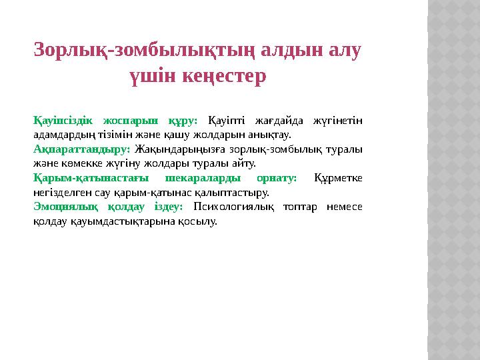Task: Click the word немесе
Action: (x=345, y=207)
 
